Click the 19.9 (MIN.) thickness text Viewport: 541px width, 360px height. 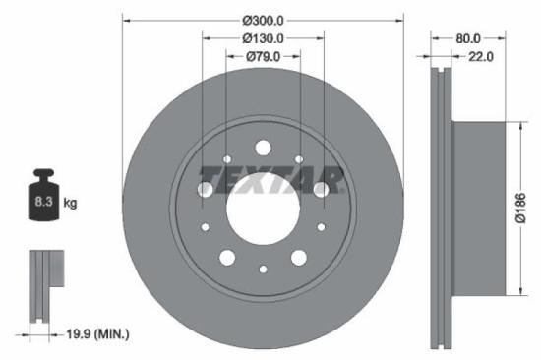coord(91,334)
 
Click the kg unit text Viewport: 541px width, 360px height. coord(70,204)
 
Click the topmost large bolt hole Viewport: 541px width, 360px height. coord(263,148)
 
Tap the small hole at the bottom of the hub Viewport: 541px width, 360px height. coord(263,269)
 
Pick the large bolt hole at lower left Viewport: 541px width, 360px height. coord(226,258)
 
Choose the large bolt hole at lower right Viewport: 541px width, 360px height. coord(300,258)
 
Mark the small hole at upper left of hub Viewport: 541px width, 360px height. coord(227,159)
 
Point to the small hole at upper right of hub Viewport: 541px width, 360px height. coord(299,159)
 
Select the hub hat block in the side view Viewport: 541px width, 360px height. coord(477,208)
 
